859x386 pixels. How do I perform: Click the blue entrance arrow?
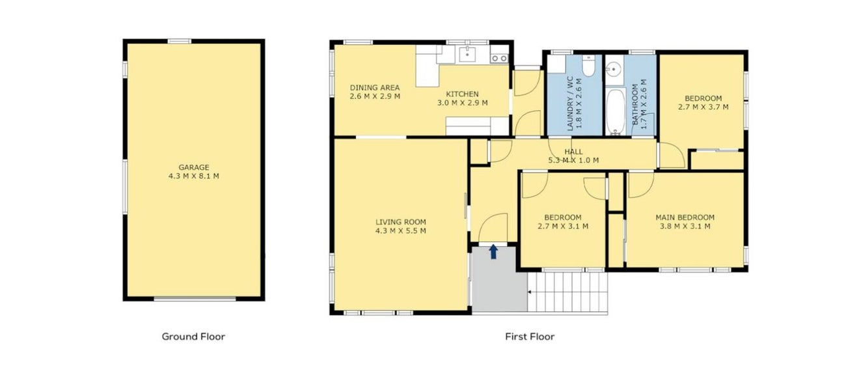(x=493, y=252)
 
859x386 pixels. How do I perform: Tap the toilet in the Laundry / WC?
(x=588, y=65)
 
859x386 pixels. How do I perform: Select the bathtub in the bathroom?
(x=616, y=112)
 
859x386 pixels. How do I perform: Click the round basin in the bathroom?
(x=613, y=70)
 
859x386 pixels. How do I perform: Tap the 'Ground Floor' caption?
(x=193, y=337)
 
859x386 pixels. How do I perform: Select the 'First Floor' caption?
(x=530, y=337)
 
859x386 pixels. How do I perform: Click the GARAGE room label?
(x=194, y=167)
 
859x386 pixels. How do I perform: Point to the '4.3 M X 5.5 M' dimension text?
(x=401, y=231)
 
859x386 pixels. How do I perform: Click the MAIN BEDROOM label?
(x=685, y=217)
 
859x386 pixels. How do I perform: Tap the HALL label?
(x=573, y=152)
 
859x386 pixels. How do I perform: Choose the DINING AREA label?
(x=375, y=87)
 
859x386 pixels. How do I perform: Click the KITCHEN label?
(x=462, y=94)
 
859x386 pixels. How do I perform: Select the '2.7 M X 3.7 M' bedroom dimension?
(x=703, y=107)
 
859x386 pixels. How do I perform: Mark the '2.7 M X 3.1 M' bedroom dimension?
(x=563, y=227)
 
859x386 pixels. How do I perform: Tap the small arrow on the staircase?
(x=530, y=292)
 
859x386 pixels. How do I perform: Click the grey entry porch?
(x=499, y=279)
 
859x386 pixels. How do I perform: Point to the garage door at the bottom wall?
(x=195, y=299)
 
